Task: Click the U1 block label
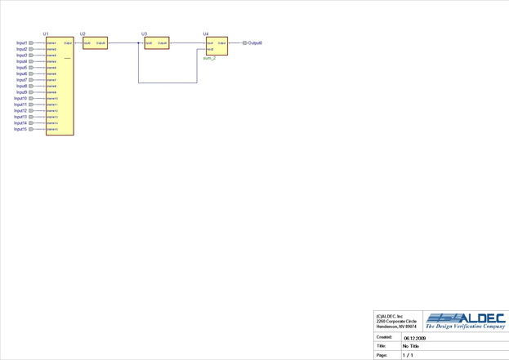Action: pos(46,34)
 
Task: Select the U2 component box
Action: pos(95,43)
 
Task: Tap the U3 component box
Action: pos(157,43)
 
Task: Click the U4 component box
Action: pos(217,47)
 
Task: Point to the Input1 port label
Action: pos(21,43)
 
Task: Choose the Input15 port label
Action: pos(20,129)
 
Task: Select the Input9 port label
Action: pos(21,92)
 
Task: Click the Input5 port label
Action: pos(21,68)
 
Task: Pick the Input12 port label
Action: pos(20,111)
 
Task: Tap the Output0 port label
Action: pos(255,43)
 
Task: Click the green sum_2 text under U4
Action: pos(209,58)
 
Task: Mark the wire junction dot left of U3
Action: pos(139,43)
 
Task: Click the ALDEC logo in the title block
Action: pos(466,318)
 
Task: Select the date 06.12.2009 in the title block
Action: pos(414,338)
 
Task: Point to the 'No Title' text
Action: pos(411,346)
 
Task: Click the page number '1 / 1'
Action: pos(408,355)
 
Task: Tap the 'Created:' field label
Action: pos(384,337)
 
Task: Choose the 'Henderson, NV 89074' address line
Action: pos(396,327)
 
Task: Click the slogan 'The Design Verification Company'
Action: pos(466,327)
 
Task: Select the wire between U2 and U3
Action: pos(123,43)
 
